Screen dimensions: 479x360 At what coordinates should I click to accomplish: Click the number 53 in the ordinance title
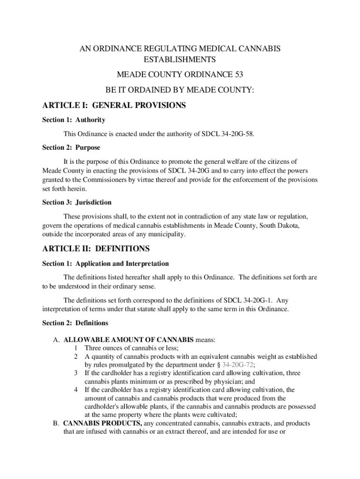pyautogui.click(x=238, y=74)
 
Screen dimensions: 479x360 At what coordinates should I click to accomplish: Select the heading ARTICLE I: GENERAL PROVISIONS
pyautogui.click(x=114, y=106)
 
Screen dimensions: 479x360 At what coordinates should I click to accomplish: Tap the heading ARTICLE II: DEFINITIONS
pyautogui.click(x=96, y=248)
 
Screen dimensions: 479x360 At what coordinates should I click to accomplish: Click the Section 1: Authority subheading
pyautogui.click(x=73, y=120)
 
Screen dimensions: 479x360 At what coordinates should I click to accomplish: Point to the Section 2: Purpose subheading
pyautogui.click(x=71, y=147)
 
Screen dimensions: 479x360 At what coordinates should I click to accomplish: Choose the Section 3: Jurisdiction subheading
pyautogui.click(x=77, y=203)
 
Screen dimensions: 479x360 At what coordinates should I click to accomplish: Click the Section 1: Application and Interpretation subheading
pyautogui.click(x=105, y=264)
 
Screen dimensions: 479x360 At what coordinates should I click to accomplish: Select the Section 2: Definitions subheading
pyautogui.click(x=75, y=323)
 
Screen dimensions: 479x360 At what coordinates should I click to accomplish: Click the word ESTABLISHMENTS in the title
pyautogui.click(x=180, y=60)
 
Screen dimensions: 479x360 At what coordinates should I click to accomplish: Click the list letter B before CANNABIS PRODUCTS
pyautogui.click(x=55, y=423)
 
